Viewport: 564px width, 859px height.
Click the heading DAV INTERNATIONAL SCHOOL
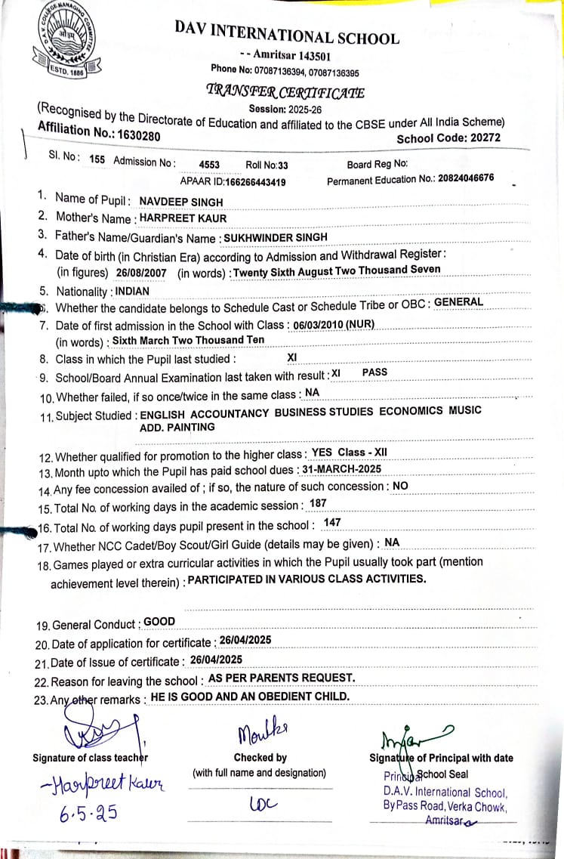click(287, 32)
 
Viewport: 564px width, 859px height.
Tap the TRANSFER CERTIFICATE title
click(285, 92)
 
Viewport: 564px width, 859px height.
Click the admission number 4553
click(209, 164)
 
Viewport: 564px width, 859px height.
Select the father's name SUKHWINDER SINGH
click(276, 237)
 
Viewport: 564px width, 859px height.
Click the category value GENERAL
click(459, 302)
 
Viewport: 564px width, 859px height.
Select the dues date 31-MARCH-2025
click(341, 469)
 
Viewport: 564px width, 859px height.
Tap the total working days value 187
click(318, 503)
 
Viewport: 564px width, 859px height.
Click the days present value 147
click(331, 523)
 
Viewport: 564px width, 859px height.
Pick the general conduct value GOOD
click(159, 622)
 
